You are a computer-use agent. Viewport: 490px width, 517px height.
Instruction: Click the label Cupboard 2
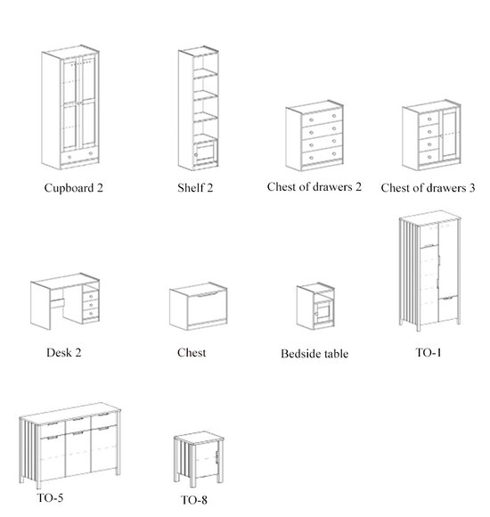click(73, 188)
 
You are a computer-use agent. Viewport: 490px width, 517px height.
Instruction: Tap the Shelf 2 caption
click(195, 188)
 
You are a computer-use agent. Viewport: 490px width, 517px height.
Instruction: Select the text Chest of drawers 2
click(314, 187)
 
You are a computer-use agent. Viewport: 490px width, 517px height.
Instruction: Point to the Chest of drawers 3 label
click(428, 188)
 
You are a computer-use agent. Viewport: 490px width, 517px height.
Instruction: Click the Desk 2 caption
click(63, 352)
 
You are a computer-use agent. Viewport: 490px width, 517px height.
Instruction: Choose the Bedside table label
click(314, 354)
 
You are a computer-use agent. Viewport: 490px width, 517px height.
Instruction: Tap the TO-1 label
click(428, 352)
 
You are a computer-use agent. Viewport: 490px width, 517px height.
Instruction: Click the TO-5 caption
click(50, 497)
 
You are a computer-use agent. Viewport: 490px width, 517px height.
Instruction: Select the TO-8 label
click(193, 500)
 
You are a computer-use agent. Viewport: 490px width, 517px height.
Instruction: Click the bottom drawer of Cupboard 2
click(79, 155)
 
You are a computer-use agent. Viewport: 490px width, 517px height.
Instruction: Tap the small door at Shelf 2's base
click(205, 152)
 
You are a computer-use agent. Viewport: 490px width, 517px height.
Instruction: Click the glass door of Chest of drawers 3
click(451, 134)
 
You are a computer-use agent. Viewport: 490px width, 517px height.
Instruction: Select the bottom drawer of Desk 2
click(91, 314)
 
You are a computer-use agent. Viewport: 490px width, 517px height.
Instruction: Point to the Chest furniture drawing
click(199, 307)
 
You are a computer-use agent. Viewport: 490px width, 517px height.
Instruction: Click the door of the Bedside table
click(323, 312)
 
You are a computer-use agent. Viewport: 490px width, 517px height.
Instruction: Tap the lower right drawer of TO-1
click(447, 308)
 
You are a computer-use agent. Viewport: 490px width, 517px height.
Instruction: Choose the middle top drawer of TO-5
click(78, 423)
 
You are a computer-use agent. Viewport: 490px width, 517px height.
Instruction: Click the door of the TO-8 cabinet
click(207, 459)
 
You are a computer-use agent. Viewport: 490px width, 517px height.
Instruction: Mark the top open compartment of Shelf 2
click(205, 63)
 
